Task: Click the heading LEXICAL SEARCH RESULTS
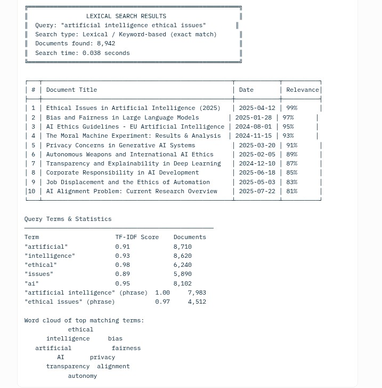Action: point(126,16)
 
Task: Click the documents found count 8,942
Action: point(106,43)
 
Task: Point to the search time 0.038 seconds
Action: point(106,53)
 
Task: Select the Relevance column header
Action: point(302,90)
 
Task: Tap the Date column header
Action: point(246,90)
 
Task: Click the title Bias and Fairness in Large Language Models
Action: point(123,117)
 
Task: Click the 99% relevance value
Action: point(291,108)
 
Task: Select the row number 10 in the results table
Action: point(31,191)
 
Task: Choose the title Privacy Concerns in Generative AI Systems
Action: point(120,145)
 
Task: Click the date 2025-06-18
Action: point(257,172)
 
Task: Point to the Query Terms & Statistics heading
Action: point(68,219)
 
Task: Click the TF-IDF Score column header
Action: point(137,237)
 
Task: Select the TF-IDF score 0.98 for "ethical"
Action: point(123,265)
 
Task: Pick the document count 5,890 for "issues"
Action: point(182,274)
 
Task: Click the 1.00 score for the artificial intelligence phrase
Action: point(162,292)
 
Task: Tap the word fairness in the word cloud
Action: point(126,348)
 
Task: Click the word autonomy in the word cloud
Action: point(83,376)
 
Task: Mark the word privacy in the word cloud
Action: point(102,357)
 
